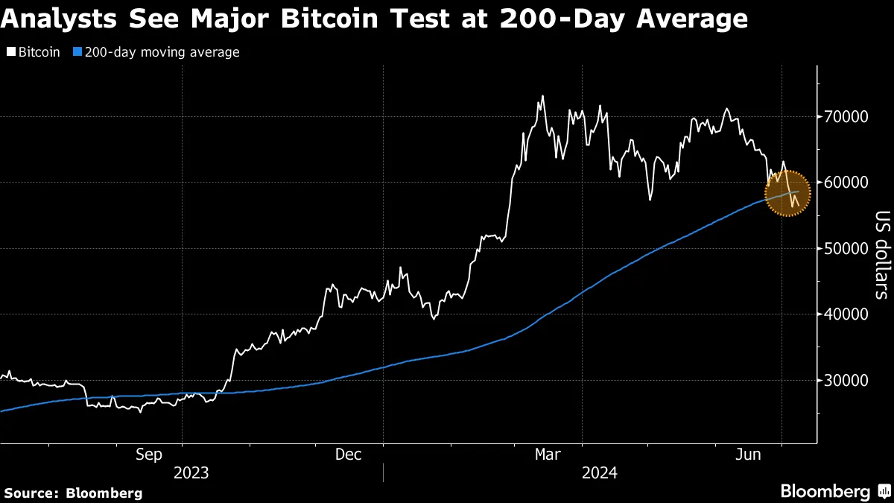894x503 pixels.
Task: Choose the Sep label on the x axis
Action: click(150, 454)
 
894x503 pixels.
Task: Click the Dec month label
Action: click(349, 454)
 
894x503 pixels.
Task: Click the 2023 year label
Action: click(191, 472)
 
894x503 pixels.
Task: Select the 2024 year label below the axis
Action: click(600, 472)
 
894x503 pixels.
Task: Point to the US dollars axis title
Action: click(882, 254)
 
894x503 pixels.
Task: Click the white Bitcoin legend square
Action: click(11, 53)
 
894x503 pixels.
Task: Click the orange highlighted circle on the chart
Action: click(787, 193)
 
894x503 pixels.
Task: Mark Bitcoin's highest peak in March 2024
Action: click(542, 95)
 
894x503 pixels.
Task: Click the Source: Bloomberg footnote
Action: click(73, 493)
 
